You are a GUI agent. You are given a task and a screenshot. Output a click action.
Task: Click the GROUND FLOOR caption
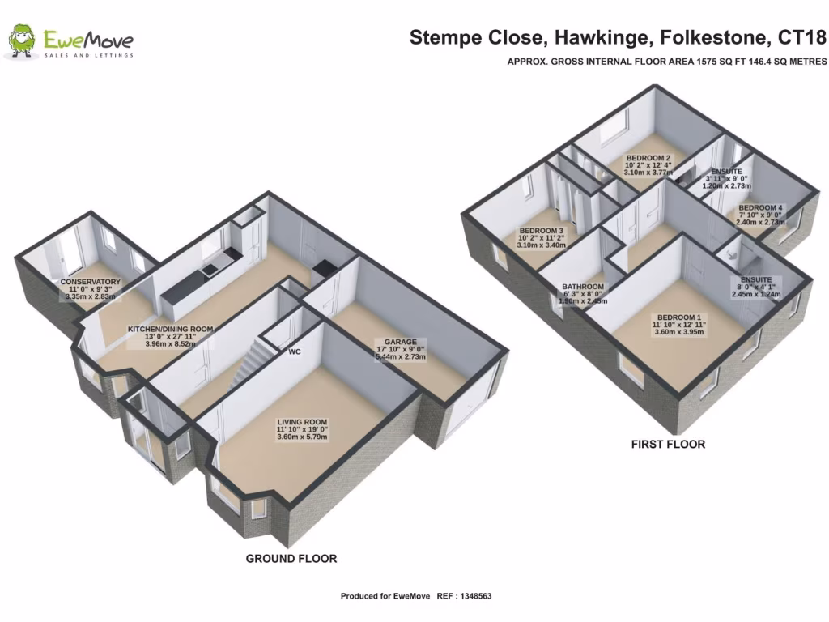pyautogui.click(x=291, y=559)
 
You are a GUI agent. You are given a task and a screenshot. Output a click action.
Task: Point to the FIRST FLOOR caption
pyautogui.click(x=668, y=444)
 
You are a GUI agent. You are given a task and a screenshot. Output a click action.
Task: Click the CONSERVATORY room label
pyautogui.click(x=91, y=282)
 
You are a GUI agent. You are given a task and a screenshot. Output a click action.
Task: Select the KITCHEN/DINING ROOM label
pyautogui.click(x=170, y=330)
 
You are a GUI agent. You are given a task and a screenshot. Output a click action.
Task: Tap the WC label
pyautogui.click(x=295, y=351)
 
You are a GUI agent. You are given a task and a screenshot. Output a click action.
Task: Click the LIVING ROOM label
pyautogui.click(x=302, y=422)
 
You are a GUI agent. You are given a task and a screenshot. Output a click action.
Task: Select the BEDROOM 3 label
pyautogui.click(x=541, y=231)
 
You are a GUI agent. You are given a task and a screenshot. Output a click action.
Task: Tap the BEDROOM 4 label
pyautogui.click(x=760, y=208)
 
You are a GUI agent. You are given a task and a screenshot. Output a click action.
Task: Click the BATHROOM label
pyautogui.click(x=582, y=287)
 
